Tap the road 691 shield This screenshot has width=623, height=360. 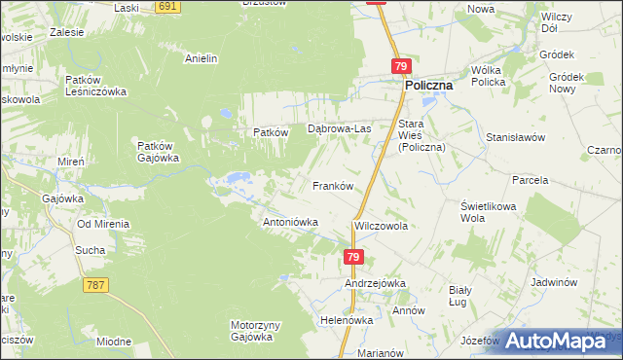(x=168, y=7)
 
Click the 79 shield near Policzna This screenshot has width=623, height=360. (x=402, y=66)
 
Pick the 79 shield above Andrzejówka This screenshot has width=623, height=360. (x=353, y=257)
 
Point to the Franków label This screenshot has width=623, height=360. (x=331, y=185)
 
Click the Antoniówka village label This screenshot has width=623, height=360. (x=291, y=222)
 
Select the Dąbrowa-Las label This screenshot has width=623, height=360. (x=340, y=127)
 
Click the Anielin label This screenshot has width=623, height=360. (x=201, y=58)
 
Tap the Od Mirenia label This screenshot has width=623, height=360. (x=104, y=224)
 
